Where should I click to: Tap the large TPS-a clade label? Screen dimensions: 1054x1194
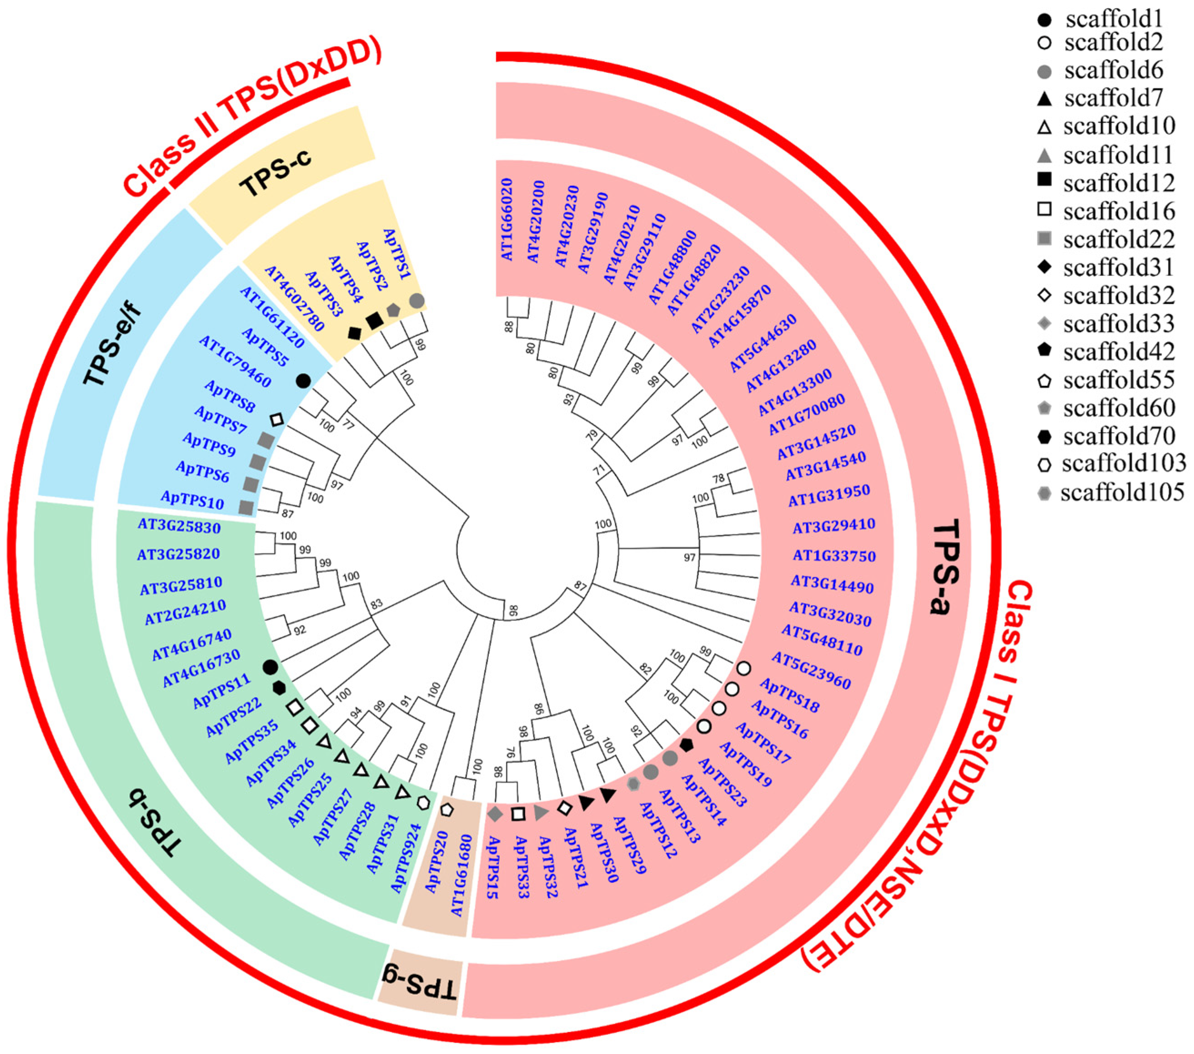tap(946, 567)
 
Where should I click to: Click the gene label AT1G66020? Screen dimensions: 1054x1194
tap(507, 220)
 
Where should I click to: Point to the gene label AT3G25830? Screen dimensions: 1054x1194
tap(179, 527)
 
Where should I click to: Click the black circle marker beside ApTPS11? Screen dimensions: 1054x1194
tap(270, 666)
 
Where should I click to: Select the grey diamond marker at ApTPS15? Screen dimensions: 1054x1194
tap(495, 813)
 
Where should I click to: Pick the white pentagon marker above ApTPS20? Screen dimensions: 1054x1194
tap(447, 810)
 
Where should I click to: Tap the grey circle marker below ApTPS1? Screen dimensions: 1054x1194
tap(416, 301)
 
